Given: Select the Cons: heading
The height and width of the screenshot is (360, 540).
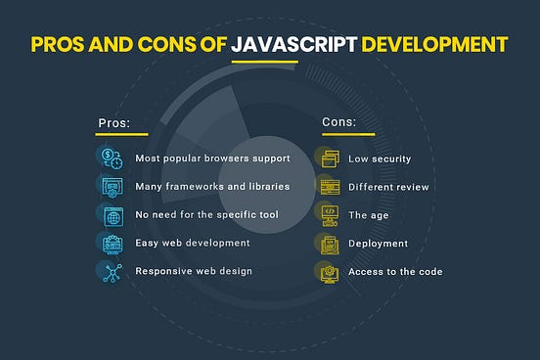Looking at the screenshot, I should pos(337,123).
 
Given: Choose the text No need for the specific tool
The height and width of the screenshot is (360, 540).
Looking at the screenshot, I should pos(206,214).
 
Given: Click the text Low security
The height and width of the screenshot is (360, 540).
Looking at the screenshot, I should pos(380,157).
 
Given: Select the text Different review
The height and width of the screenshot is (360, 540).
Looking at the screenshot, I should pos(388,186).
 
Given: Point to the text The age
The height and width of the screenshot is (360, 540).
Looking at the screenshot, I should pos(369,214).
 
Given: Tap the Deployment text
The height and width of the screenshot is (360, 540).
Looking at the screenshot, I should pos(379,243).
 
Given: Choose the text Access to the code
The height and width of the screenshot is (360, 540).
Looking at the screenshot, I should pos(395,271).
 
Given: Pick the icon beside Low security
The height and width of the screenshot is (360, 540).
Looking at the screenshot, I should pos(330,157).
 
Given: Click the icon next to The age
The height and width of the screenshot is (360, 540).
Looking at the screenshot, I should pos(330,214).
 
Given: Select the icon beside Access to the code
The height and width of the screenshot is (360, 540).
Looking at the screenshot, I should pos(330,271).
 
